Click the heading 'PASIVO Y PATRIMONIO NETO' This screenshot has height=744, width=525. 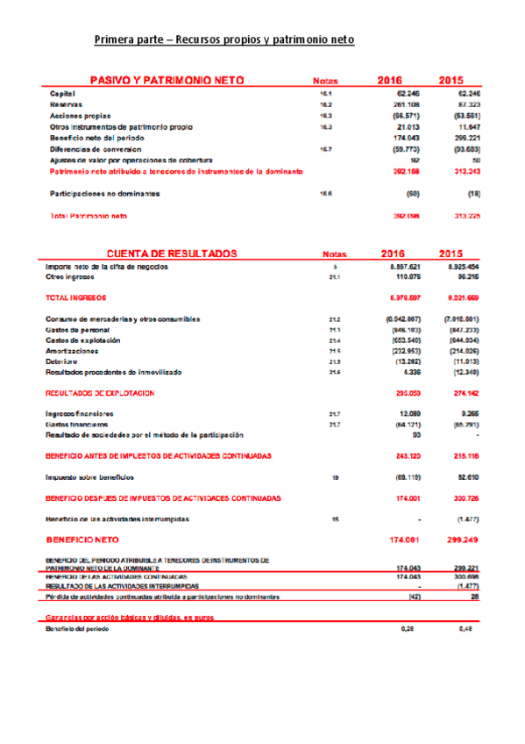(x=167, y=80)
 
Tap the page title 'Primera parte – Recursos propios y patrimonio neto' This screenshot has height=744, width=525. (x=223, y=40)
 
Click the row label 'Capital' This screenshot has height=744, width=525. (x=62, y=93)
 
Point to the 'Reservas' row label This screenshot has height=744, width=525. (x=66, y=104)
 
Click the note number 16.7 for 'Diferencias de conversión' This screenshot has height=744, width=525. (x=325, y=149)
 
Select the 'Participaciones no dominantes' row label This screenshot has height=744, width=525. (x=104, y=193)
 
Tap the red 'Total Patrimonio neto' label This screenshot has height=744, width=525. (x=89, y=215)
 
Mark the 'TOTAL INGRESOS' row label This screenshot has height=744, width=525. (x=75, y=298)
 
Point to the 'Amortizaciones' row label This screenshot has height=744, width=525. (x=72, y=350)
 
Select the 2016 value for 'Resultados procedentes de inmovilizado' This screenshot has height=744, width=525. (x=409, y=372)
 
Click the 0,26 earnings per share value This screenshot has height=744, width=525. (x=407, y=629)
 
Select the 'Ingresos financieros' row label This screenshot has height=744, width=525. (x=80, y=413)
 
